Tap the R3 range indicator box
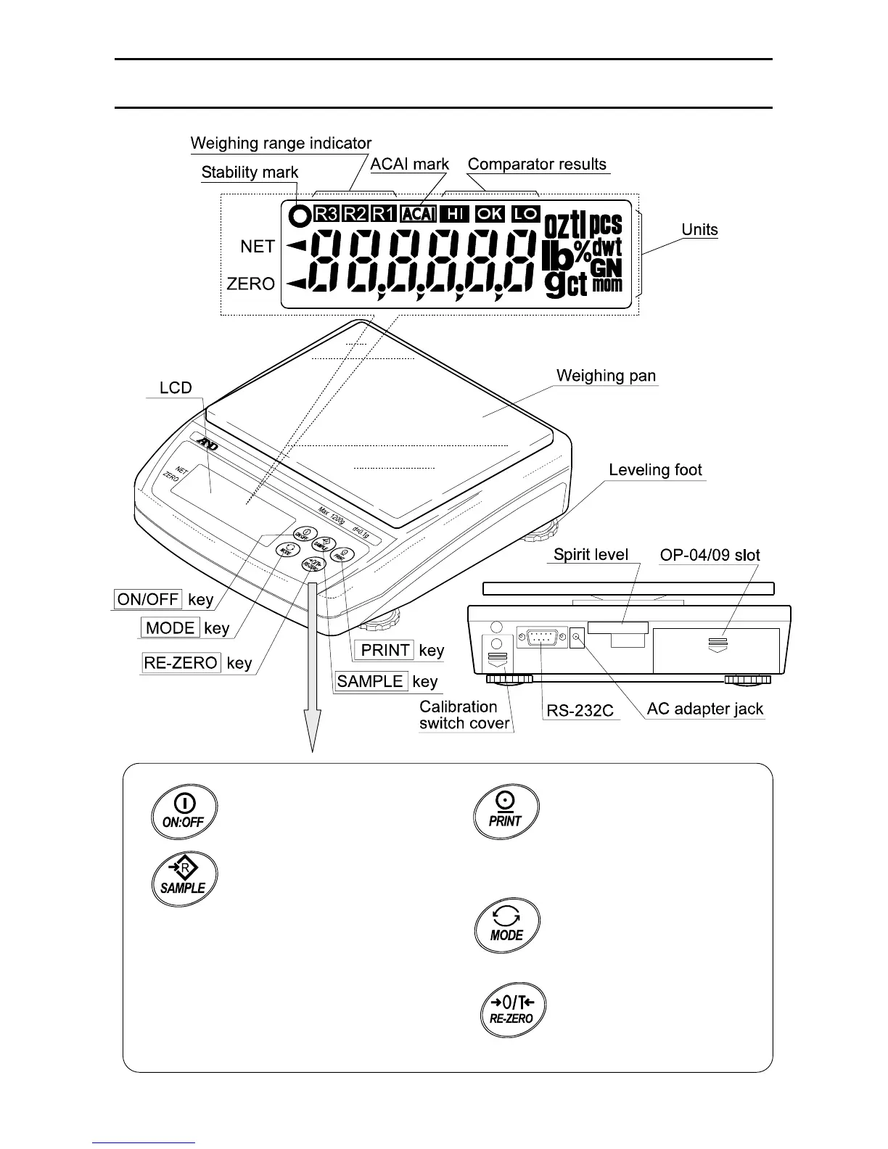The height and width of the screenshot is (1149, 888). click(326, 214)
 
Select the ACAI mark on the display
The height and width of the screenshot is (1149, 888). click(418, 214)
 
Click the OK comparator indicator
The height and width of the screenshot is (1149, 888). click(490, 214)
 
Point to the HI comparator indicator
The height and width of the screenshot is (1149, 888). click(454, 214)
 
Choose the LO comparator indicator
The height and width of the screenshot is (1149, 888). click(525, 214)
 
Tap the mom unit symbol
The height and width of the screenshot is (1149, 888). click(607, 284)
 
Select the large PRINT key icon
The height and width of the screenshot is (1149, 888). click(506, 810)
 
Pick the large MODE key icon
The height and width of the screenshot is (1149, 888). click(506, 925)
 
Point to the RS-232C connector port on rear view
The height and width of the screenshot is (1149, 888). click(541, 639)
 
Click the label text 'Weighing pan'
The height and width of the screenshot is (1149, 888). click(606, 376)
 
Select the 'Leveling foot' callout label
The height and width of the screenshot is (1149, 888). click(655, 469)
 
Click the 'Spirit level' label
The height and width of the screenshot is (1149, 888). click(591, 555)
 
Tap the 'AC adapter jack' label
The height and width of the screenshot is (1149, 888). click(704, 709)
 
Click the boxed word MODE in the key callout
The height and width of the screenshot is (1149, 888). click(170, 628)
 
